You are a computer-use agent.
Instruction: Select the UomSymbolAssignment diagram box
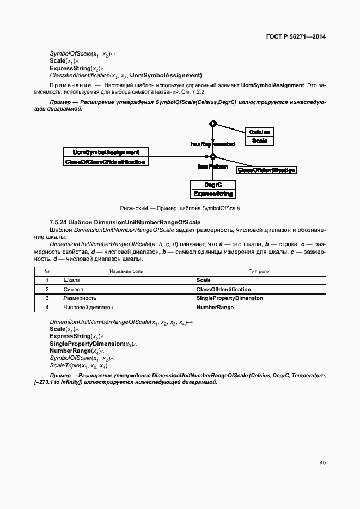[x=106, y=157]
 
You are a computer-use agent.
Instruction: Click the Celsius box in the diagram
[x=259, y=137]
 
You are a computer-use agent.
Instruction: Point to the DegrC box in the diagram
[x=212, y=189]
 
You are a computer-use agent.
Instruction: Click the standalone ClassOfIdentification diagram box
[x=266, y=170]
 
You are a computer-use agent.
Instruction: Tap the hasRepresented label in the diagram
[x=212, y=144]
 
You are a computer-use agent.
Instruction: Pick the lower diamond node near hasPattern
[x=213, y=157]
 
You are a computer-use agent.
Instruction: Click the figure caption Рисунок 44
[x=180, y=208]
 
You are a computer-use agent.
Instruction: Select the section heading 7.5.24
[x=125, y=222]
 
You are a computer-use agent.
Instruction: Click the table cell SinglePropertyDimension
[x=229, y=298]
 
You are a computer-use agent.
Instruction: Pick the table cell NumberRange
[x=215, y=308]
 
